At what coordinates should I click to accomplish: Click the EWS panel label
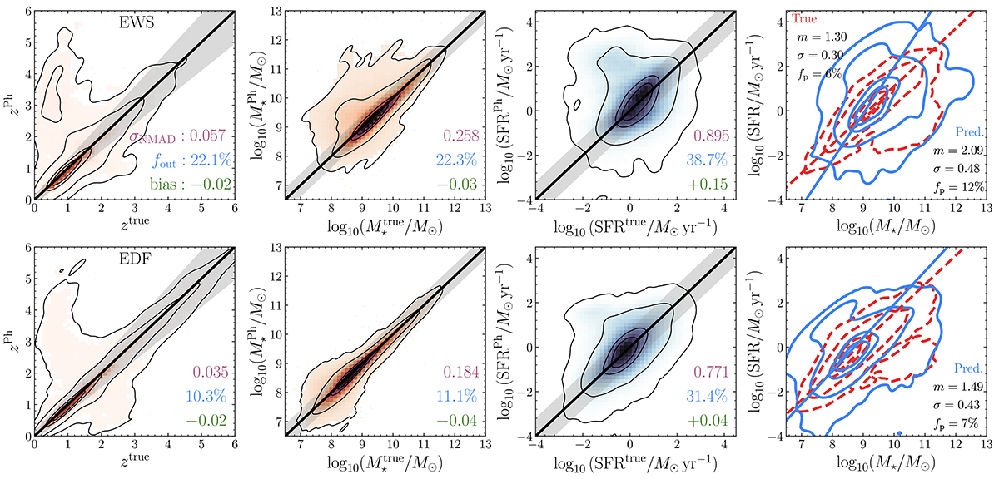pyautogui.click(x=134, y=26)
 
